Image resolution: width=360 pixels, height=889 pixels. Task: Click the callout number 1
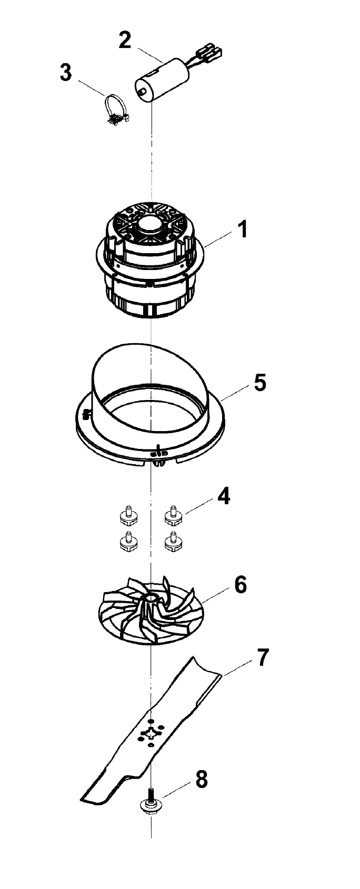242,230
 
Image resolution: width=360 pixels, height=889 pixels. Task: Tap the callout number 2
125,41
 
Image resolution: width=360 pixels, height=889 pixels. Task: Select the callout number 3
66,73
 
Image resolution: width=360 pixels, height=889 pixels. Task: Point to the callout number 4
224,496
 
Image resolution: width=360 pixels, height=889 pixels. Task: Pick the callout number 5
260,383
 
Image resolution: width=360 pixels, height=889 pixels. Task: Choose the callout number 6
241,585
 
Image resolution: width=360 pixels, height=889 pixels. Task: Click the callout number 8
202,780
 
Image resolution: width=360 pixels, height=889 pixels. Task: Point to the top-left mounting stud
128,515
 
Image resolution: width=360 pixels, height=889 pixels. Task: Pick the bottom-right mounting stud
174,541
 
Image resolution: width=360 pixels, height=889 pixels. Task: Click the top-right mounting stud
174,515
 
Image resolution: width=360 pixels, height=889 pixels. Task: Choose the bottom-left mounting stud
128,541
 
